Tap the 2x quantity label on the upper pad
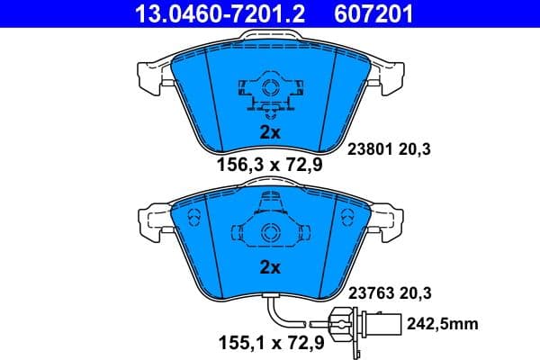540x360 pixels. click(270, 130)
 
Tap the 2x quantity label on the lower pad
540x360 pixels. click(270, 267)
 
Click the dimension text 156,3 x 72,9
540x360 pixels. click(269, 165)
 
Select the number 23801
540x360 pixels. click(366, 151)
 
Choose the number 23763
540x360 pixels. click(366, 292)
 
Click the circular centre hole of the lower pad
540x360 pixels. click(269, 232)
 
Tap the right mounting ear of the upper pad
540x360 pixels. click(389, 79)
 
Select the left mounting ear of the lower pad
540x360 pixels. click(149, 220)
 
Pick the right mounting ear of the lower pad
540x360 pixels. click(389, 220)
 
